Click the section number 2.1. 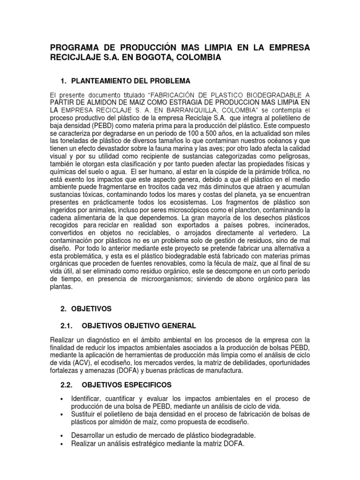pyautogui.click(x=69, y=326)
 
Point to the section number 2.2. pyautogui.click(x=69, y=385)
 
